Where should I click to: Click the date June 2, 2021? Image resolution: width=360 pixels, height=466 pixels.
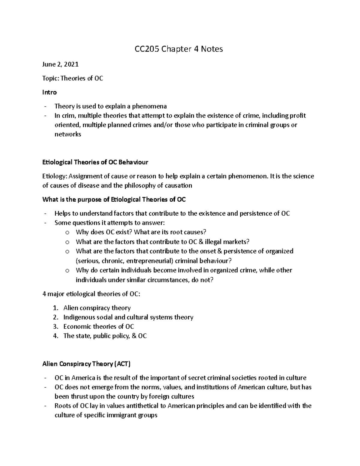(x=61, y=64)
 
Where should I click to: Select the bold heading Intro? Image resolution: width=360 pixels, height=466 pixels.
(x=49, y=92)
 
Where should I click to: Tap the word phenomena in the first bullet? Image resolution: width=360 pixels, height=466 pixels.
(x=149, y=106)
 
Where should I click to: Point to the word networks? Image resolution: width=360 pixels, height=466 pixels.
(x=68, y=134)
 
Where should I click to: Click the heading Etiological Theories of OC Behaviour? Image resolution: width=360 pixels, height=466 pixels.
(x=95, y=162)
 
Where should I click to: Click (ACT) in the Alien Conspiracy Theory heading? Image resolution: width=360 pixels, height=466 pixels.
(x=122, y=364)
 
